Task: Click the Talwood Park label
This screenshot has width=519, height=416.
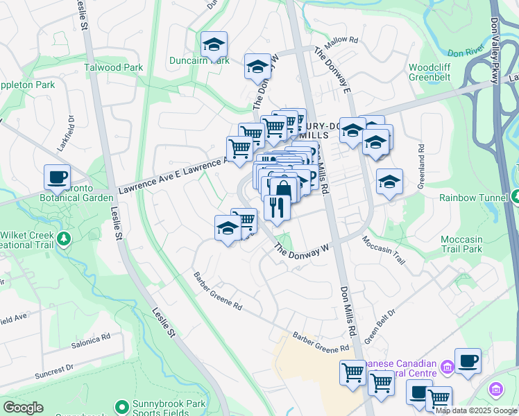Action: (x=113, y=68)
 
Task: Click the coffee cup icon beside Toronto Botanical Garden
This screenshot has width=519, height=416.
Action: (x=57, y=176)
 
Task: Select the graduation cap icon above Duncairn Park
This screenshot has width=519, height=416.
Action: (x=214, y=44)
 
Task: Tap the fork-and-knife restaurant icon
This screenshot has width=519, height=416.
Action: (x=277, y=207)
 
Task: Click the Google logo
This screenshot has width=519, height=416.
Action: (x=23, y=408)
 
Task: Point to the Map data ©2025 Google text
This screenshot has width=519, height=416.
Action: (x=476, y=410)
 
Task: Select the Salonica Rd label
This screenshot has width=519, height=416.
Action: (x=91, y=340)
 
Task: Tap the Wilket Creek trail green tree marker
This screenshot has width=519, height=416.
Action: (x=64, y=239)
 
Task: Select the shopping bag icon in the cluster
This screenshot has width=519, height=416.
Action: (x=283, y=189)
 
